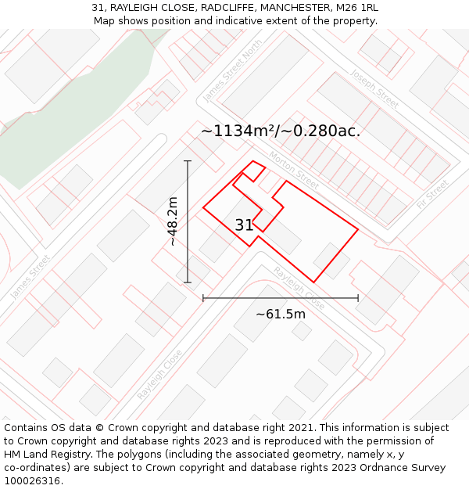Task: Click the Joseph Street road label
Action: click(374, 88)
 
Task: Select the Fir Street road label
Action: click(432, 192)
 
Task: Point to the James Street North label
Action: click(232, 71)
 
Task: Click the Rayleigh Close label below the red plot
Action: click(299, 287)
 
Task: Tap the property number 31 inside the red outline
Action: click(244, 225)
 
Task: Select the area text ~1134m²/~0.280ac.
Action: click(281, 131)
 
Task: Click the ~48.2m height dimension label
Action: click(173, 221)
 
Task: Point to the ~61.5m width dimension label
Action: click(281, 314)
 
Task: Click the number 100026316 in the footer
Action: click(31, 480)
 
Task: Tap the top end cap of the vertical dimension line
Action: click(188, 160)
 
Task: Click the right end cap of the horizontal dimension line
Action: click(358, 297)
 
